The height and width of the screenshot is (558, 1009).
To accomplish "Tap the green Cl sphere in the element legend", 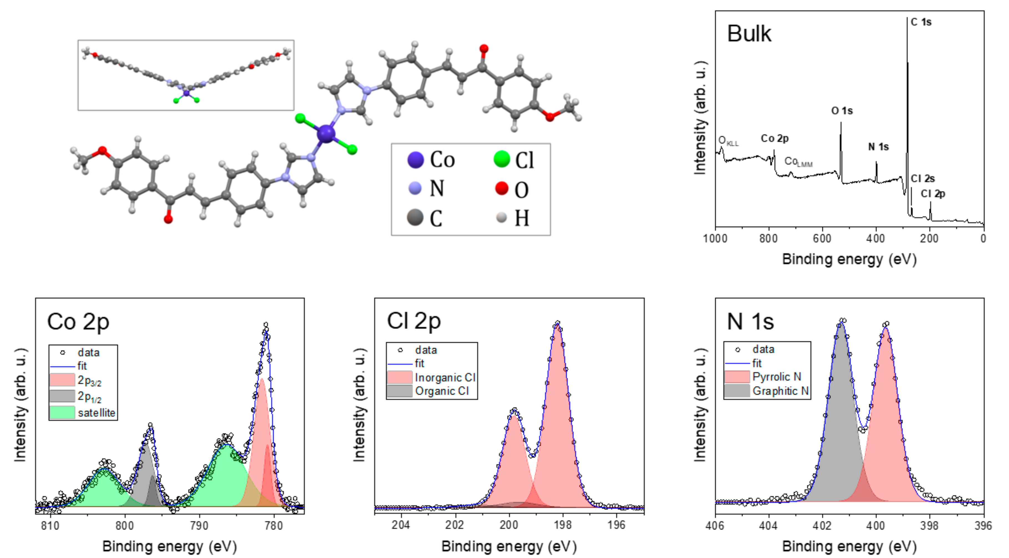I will pos(501,159).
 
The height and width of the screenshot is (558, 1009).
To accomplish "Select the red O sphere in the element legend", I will pos(501,188).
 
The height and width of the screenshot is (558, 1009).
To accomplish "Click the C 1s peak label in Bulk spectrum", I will pos(921,22).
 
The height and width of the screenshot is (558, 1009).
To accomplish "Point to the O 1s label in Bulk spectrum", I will pos(842,111).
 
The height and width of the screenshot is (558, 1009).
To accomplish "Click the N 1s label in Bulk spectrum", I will pos(878,147).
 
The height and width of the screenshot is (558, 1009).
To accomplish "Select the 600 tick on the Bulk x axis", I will pos(822,238).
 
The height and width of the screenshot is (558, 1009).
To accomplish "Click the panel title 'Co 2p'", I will pos(78,322).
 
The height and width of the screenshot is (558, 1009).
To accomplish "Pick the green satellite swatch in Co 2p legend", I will pos(62,413).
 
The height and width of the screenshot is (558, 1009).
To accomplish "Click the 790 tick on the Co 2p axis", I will pos(199,525).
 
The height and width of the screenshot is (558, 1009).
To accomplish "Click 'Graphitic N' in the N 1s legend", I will pos(780,391).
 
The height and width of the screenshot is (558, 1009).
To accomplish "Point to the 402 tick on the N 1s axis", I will pos(822,525).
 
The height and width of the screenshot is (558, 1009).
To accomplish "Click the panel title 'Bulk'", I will pos(749,34).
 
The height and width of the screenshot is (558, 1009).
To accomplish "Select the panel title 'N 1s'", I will pos(750,322).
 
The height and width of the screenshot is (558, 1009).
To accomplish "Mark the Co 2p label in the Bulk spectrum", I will pos(774,138).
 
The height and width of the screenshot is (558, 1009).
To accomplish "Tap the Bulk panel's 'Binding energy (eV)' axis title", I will pos(849,259).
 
